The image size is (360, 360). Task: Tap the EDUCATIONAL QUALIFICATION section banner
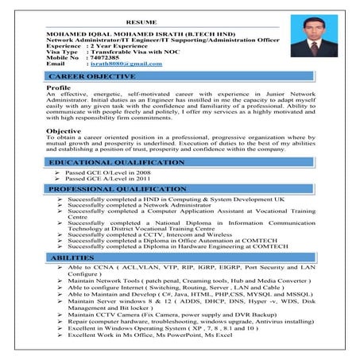point(117,162)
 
